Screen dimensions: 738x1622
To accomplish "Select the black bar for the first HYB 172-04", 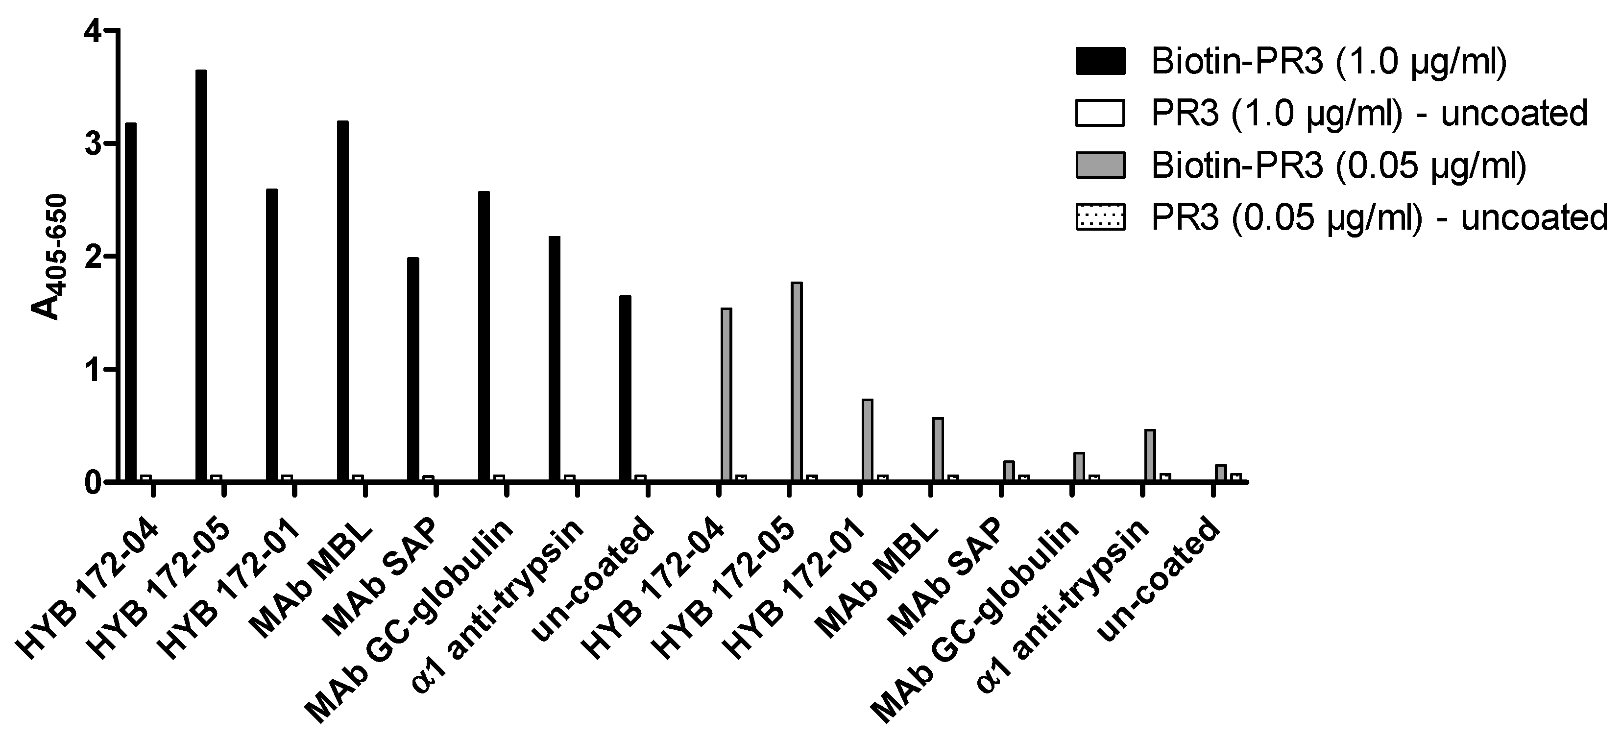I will tap(130, 302).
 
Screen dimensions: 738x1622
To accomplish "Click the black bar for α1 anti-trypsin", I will tap(554, 359).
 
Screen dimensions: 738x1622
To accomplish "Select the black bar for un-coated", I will tap(625, 388).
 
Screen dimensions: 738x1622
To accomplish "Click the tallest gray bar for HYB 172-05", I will tap(797, 381).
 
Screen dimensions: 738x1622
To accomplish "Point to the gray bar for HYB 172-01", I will tap(867, 440).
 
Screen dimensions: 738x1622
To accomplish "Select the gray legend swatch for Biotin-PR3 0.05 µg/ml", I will tap(1100, 166).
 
